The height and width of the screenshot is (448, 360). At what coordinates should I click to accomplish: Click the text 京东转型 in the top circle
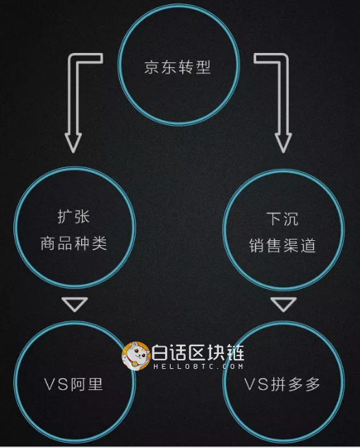(x=177, y=67)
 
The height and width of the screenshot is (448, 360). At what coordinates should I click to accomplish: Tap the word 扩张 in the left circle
(x=73, y=217)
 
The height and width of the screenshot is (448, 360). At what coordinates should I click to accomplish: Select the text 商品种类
(x=73, y=244)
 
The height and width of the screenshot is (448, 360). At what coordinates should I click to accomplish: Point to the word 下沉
(x=282, y=219)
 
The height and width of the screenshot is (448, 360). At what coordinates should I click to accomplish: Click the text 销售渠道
(x=282, y=245)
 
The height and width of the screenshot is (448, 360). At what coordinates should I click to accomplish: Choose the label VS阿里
(x=73, y=384)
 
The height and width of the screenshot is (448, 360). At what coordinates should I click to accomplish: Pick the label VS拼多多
(x=282, y=384)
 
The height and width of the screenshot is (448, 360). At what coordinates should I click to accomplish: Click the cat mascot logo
(x=136, y=356)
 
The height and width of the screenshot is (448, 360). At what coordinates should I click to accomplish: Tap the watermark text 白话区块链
(x=198, y=353)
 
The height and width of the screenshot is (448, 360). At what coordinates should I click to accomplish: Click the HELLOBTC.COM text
(x=198, y=366)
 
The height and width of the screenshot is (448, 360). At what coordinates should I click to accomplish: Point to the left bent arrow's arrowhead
(x=73, y=142)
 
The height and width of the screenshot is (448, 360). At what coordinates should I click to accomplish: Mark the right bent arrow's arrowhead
(x=283, y=142)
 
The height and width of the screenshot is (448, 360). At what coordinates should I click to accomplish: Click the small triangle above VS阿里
(x=75, y=305)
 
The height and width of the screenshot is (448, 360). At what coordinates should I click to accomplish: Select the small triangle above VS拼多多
(x=284, y=305)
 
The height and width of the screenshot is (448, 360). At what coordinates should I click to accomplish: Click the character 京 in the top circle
(x=152, y=67)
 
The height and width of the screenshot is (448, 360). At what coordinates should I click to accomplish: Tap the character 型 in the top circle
(x=203, y=67)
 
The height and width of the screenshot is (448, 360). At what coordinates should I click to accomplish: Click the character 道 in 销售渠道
(x=308, y=245)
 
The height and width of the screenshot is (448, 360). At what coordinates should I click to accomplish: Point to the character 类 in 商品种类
(x=100, y=244)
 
